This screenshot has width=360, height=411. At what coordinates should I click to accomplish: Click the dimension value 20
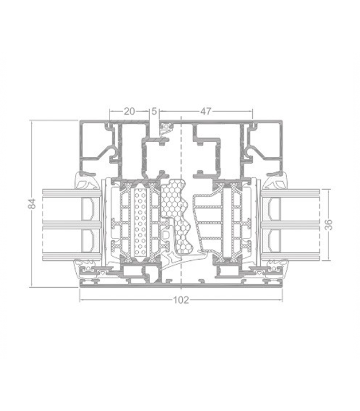coord(129,111)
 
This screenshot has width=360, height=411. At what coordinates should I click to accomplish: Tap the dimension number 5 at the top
coord(154,111)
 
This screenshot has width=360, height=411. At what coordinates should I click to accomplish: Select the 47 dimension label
coord(206,111)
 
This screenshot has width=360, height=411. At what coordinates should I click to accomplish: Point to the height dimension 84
coord(32,203)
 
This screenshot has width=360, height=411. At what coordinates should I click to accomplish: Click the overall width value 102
coord(181,300)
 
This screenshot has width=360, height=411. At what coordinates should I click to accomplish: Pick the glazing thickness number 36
coord(328,225)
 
